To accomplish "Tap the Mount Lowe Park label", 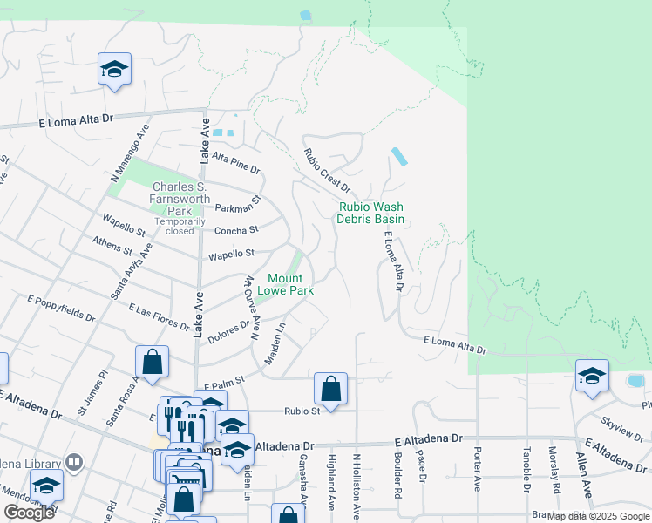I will point(290,284).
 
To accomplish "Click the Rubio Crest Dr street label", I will point(326,171).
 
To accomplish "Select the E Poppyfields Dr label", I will point(58,305).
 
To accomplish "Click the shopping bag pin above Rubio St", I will point(330,388).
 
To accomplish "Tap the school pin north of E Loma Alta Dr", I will point(114,70).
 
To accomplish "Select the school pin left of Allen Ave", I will point(592,377).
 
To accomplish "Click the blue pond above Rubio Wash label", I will point(399,157).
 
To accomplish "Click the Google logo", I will point(29,513).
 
